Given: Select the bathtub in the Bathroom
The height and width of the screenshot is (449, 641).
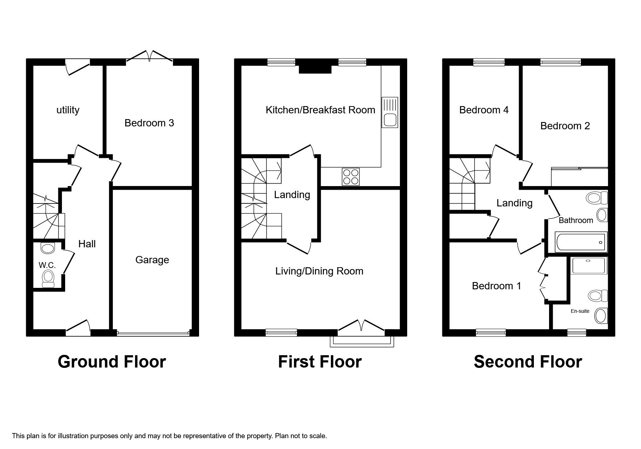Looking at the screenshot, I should pyautogui.click(x=581, y=242).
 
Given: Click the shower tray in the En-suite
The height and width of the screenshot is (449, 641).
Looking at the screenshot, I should pyautogui.click(x=588, y=266).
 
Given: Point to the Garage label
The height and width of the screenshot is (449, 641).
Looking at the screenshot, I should pyautogui.click(x=152, y=260).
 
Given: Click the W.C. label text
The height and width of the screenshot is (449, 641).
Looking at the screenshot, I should pyautogui.click(x=47, y=265).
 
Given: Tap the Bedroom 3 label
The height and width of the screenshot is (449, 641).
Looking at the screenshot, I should pyautogui.click(x=149, y=123).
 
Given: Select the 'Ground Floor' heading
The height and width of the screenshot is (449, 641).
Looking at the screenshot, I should pyautogui.click(x=111, y=362).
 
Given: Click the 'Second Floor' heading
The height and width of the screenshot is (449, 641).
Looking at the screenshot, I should pyautogui.click(x=528, y=362).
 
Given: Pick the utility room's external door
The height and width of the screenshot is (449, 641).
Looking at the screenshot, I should pyautogui.click(x=77, y=67).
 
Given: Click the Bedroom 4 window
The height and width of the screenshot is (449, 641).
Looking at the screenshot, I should pyautogui.click(x=489, y=63).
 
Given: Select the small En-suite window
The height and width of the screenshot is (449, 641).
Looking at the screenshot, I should pyautogui.click(x=577, y=332).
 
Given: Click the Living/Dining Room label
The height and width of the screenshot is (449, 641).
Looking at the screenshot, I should pyautogui.click(x=319, y=271).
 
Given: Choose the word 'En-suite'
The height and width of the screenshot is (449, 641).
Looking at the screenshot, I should pyautogui.click(x=580, y=311).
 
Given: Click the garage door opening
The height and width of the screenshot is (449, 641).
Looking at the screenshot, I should pyautogui.click(x=153, y=333).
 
